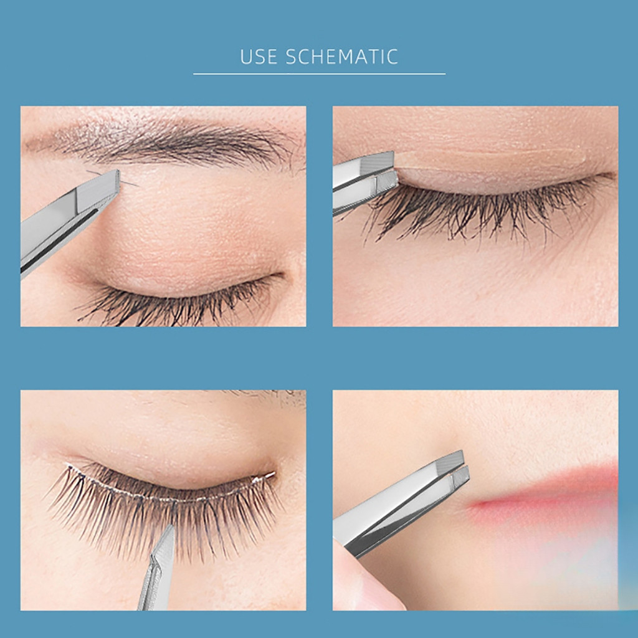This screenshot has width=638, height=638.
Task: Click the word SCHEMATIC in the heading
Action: [x=342, y=57]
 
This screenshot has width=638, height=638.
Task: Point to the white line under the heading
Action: [x=319, y=74]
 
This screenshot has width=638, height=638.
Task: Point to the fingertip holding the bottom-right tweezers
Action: [x=366, y=578]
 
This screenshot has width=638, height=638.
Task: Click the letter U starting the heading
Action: [x=246, y=57]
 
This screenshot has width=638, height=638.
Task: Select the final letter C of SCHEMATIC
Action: [x=393, y=57]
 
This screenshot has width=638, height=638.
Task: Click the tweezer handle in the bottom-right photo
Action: [x=391, y=517]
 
